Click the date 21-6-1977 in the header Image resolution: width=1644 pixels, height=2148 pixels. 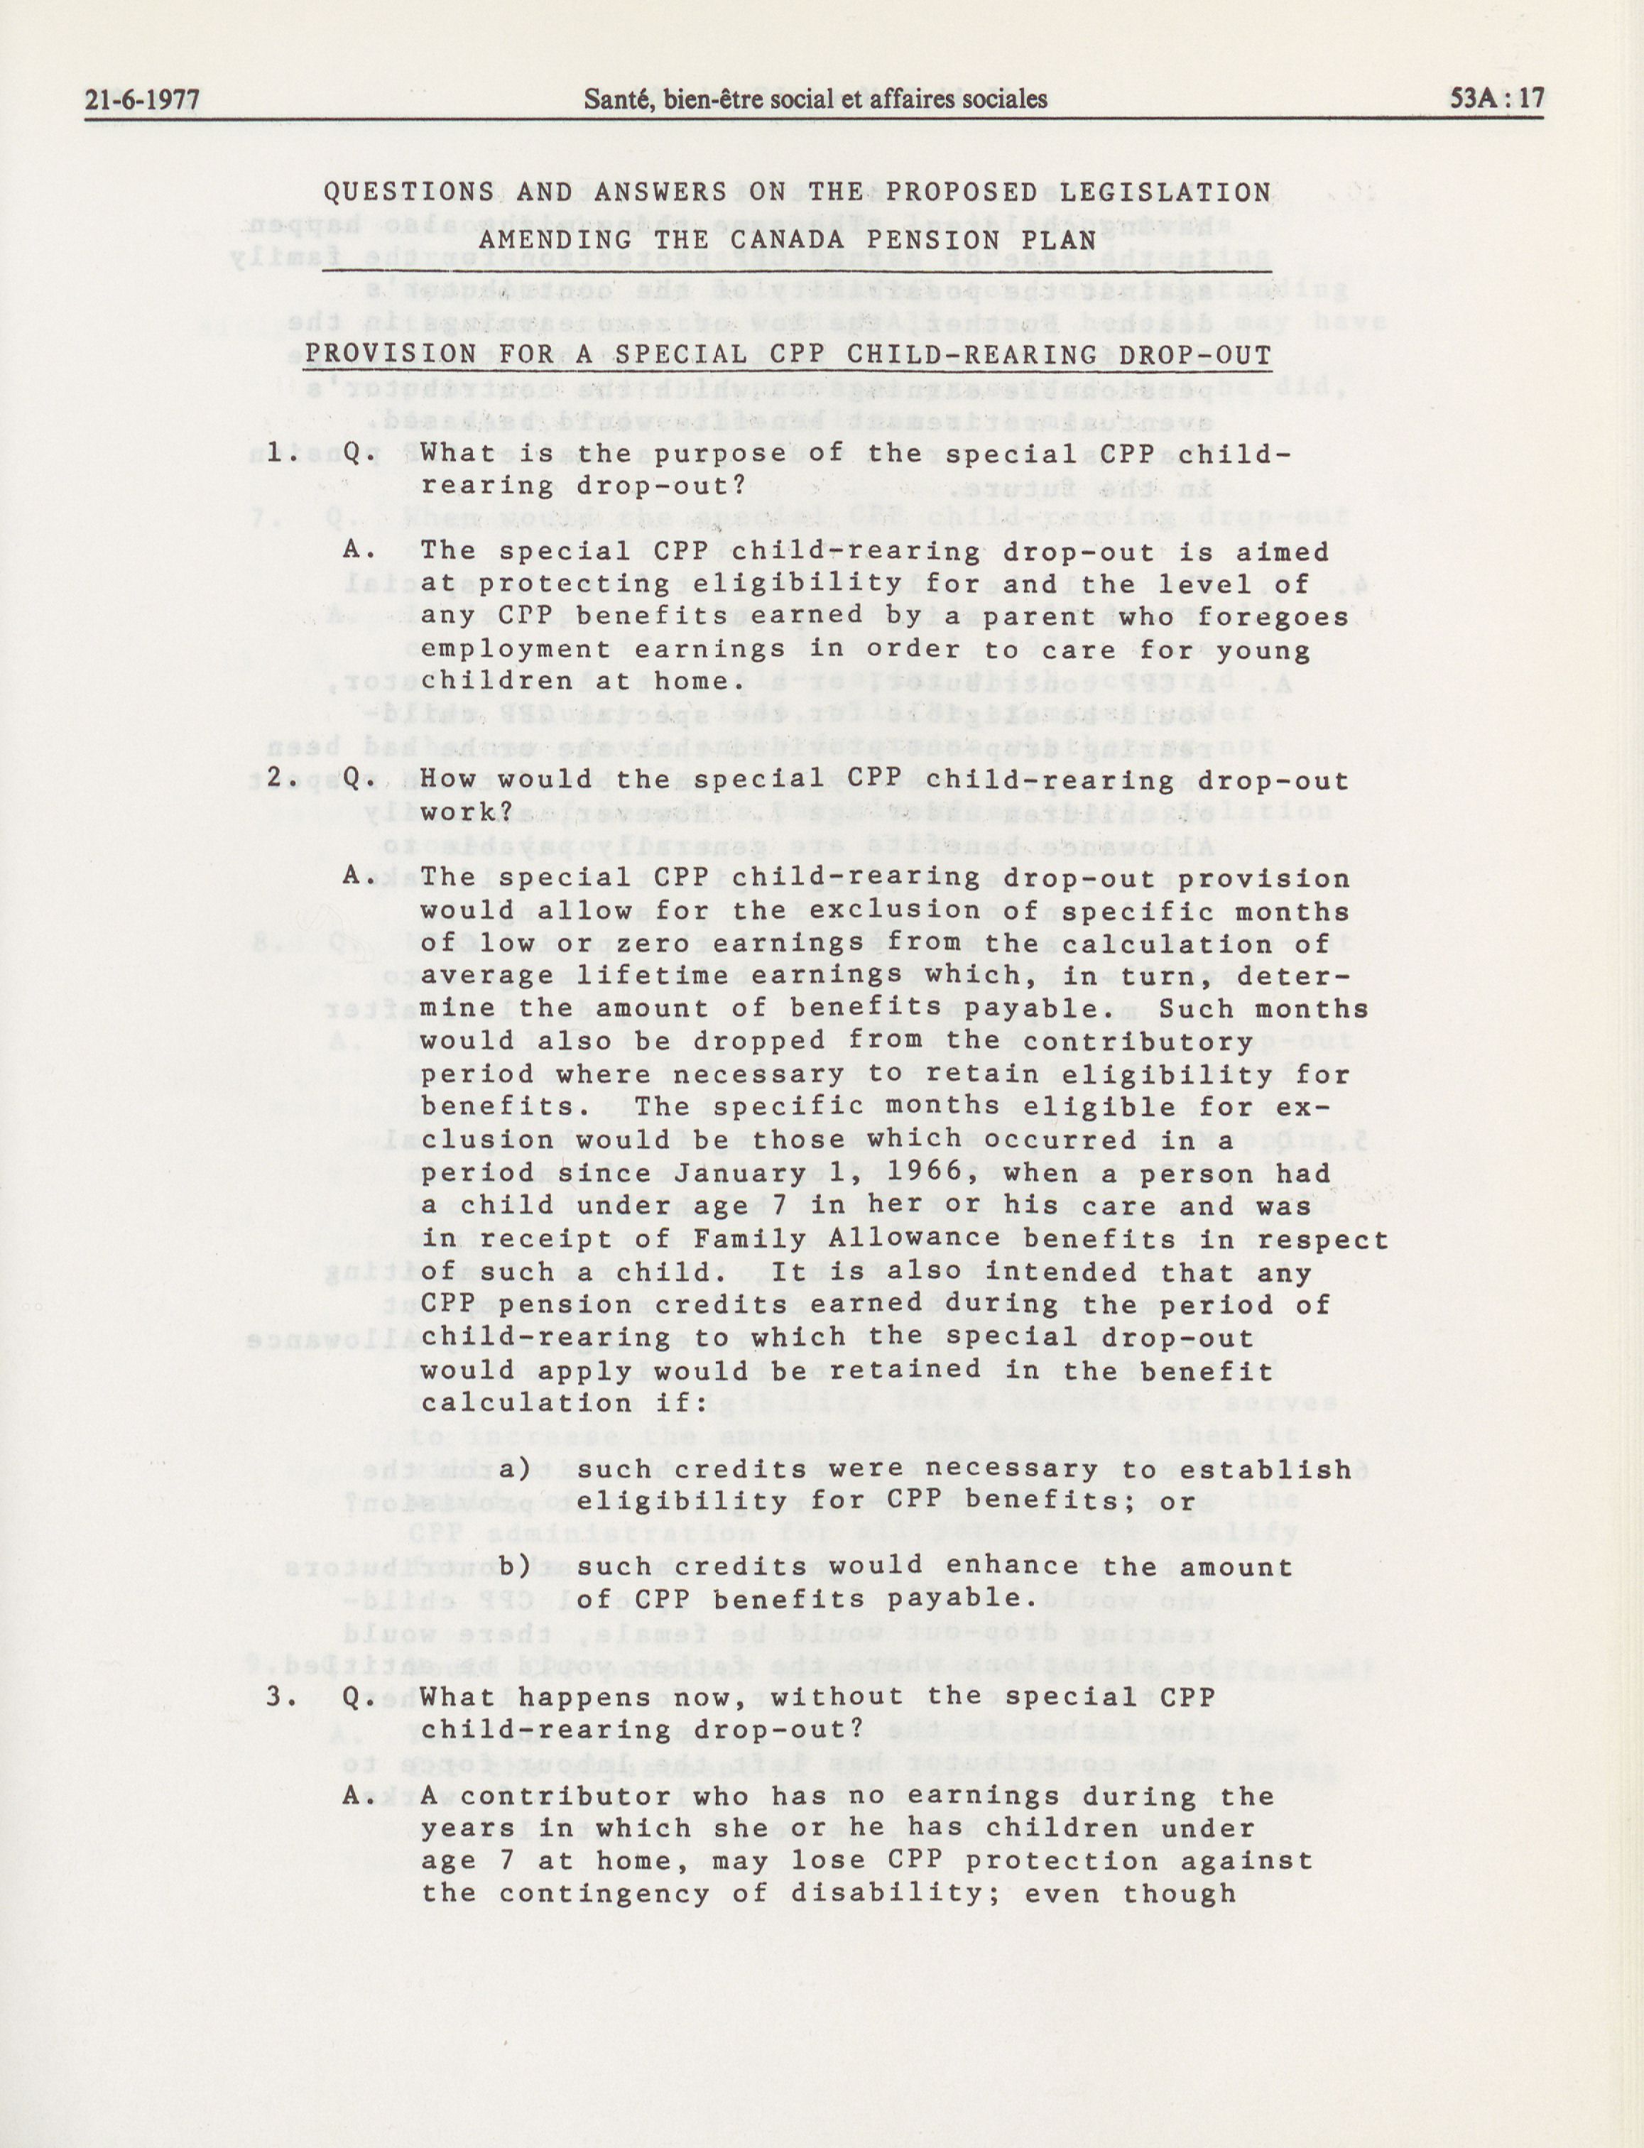pyautogui.click(x=142, y=99)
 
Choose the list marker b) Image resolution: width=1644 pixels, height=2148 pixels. pyautogui.click(x=516, y=1566)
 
